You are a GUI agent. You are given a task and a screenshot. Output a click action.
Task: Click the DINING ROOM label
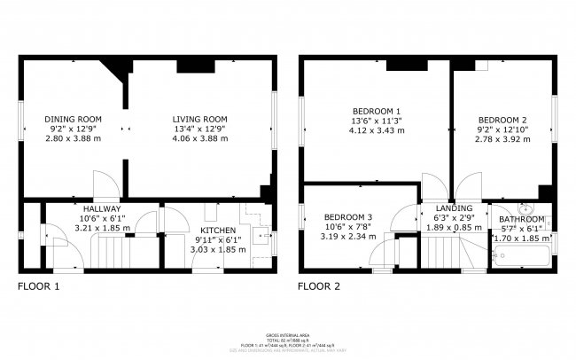tap(74, 119)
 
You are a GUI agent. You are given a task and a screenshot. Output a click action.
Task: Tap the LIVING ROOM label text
tap(199, 119)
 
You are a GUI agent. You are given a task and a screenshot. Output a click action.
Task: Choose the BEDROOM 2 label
tap(502, 120)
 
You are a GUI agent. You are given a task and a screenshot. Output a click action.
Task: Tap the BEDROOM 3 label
tap(347, 217)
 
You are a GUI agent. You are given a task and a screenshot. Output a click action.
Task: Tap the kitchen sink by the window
tap(262, 236)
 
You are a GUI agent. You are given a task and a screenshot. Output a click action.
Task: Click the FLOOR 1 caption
tap(39, 286)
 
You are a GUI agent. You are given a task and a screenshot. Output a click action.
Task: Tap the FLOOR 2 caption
tap(318, 286)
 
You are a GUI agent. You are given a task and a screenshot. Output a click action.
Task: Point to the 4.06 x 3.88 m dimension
tap(200, 138)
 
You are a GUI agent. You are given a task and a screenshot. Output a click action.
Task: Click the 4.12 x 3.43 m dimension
tap(373, 130)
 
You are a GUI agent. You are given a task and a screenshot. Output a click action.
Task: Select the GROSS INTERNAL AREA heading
tap(288, 327)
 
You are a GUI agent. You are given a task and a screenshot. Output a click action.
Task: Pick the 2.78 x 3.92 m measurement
tap(502, 139)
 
